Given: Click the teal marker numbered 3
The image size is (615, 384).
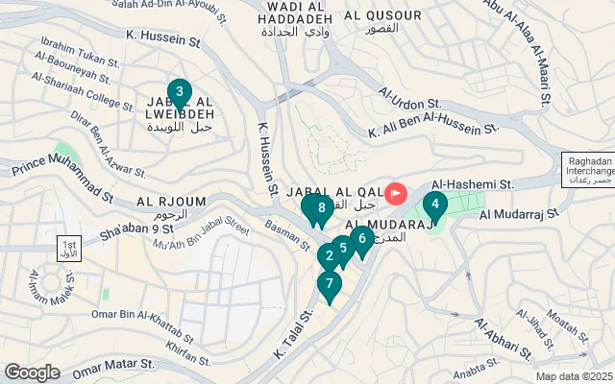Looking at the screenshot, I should [x=179, y=94].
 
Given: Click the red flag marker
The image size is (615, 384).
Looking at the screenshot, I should [x=396, y=195].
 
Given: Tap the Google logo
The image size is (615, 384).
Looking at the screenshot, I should [x=33, y=372].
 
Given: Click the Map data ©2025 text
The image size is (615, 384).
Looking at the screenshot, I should [x=573, y=376].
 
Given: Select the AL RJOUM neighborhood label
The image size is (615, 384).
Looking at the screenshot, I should [x=159, y=202].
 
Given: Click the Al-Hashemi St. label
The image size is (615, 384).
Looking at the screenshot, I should [x=473, y=183].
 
